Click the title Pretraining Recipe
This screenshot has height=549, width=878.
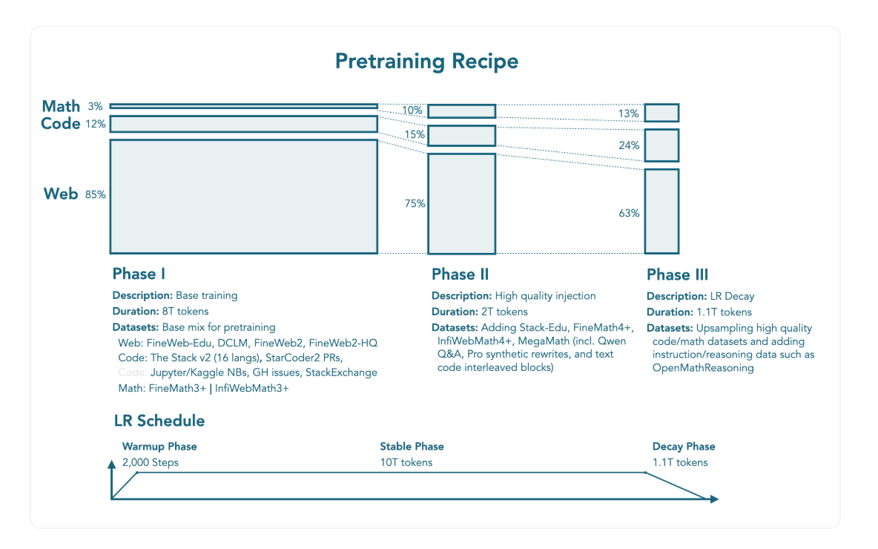[426, 61]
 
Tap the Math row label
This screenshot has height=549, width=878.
[61, 107]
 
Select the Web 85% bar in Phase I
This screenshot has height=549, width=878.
[243, 196]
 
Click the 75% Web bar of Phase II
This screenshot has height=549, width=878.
[461, 203]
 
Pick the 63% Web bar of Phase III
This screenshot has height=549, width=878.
[661, 211]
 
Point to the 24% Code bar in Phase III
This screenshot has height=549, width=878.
[661, 145]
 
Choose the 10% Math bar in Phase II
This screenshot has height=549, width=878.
[461, 111]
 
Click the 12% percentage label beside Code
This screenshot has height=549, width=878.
[96, 124]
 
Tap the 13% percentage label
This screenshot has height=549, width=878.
[629, 114]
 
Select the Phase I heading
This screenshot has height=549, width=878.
[139, 274]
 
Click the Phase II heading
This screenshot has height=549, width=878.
[460, 274]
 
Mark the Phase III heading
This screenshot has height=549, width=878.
[677, 275]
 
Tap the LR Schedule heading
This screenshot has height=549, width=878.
[159, 421]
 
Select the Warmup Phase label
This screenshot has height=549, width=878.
[159, 447]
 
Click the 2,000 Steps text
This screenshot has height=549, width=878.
[151, 463]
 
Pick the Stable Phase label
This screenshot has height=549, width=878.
[412, 447]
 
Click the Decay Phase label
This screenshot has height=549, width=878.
[684, 447]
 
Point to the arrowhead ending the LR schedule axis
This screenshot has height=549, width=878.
[714, 499]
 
